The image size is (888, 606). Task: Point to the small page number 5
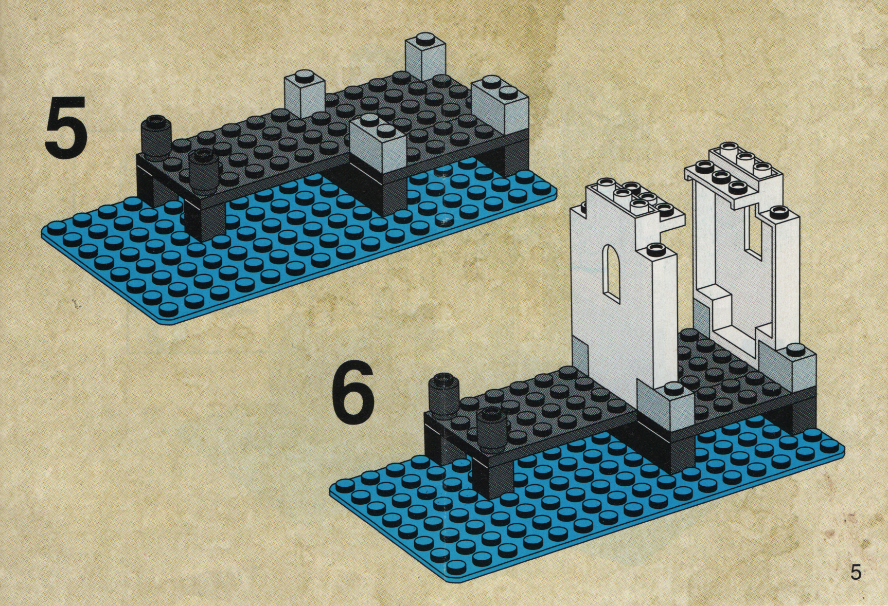[855, 572]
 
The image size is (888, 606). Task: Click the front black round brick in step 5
[203, 170]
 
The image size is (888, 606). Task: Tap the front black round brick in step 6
[492, 428]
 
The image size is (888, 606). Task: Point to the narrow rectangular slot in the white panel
[754, 237]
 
